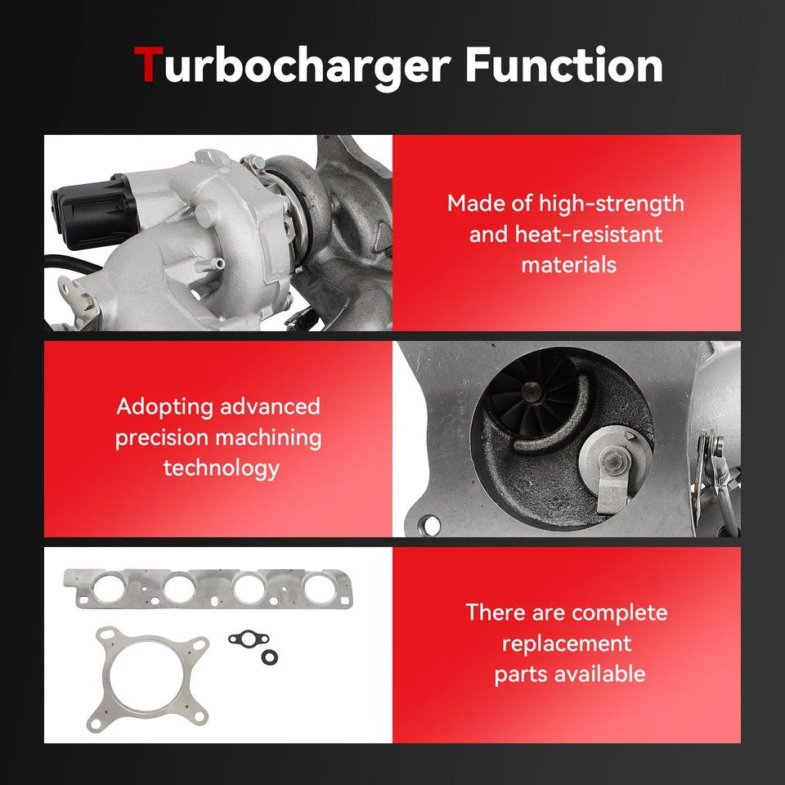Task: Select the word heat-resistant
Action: point(588,234)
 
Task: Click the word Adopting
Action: point(165,406)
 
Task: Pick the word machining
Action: point(268,437)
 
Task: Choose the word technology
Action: point(221,469)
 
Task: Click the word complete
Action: point(620,612)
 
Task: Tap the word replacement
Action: point(566,644)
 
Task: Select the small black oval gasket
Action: point(244,636)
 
